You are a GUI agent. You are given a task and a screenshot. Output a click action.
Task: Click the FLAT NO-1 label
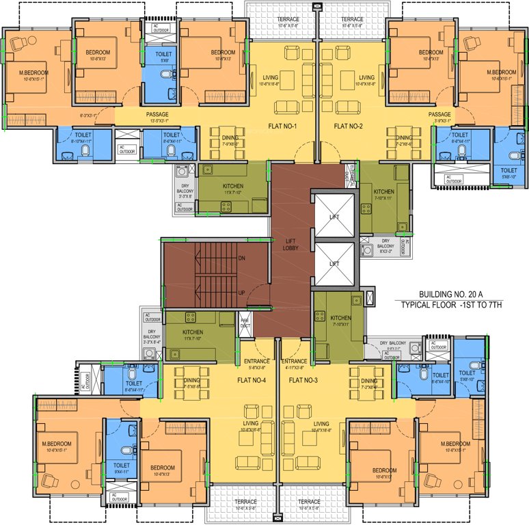click(x=288, y=126)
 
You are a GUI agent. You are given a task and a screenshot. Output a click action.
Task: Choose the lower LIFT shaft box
click(x=334, y=263)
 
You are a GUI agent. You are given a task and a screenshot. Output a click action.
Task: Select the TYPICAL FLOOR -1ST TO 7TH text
click(x=451, y=304)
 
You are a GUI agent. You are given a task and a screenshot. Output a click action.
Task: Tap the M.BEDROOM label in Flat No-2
click(x=501, y=72)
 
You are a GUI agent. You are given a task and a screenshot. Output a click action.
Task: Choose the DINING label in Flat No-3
click(x=369, y=381)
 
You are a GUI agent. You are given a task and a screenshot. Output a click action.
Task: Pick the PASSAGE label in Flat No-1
click(x=157, y=114)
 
